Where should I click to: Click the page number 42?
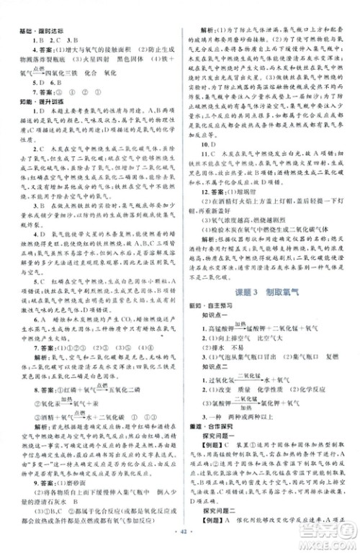point(179,541)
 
